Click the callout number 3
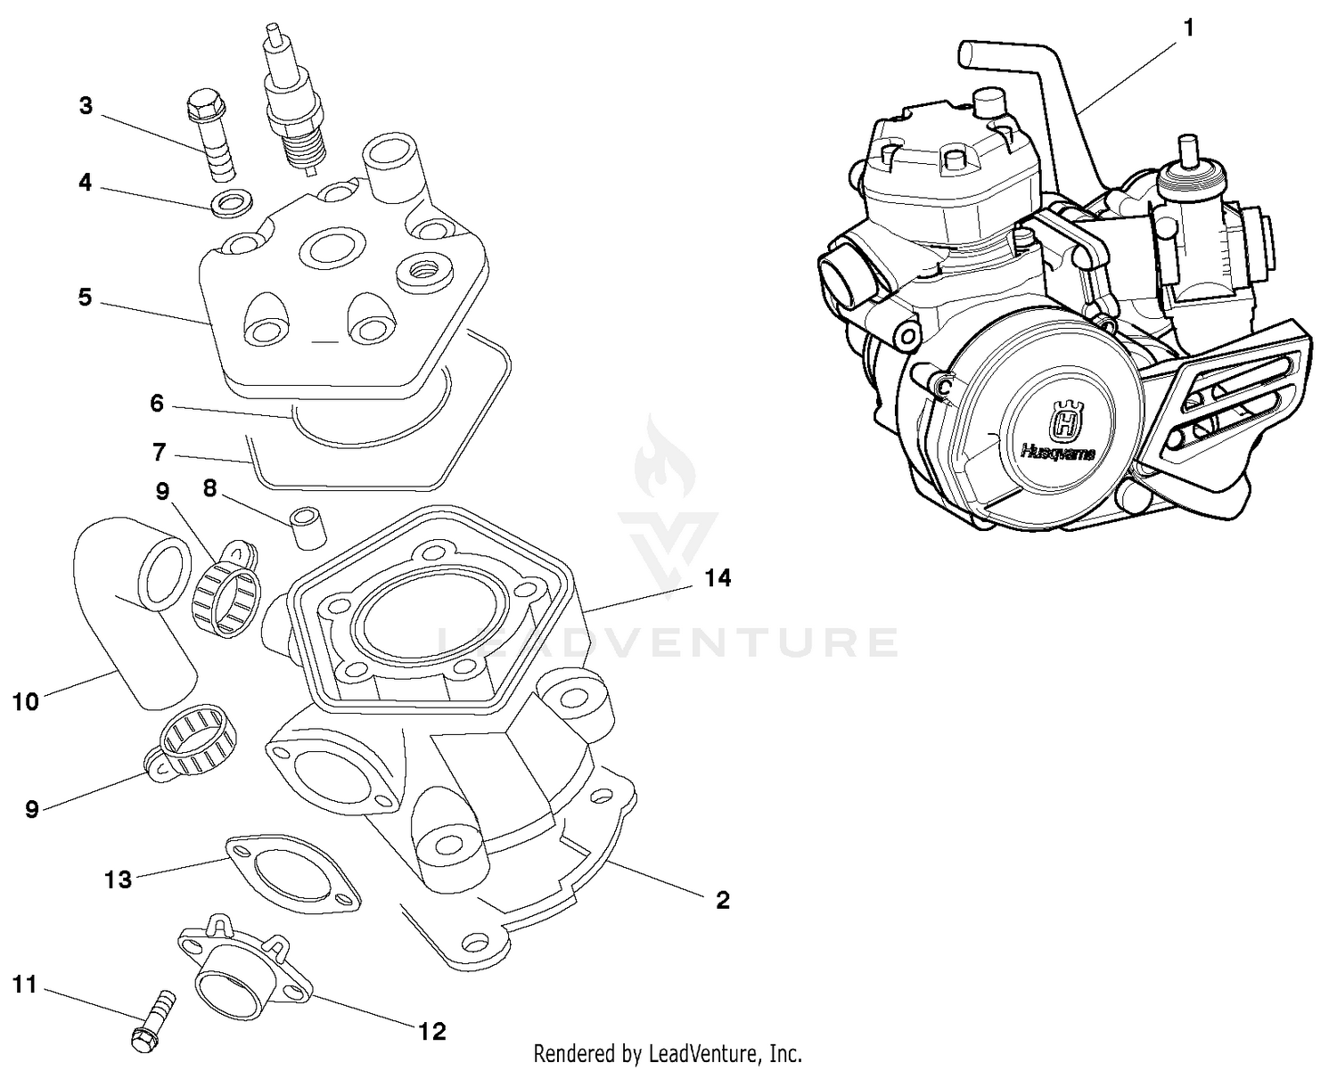point(86,106)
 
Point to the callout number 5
point(85,297)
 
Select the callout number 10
point(26,701)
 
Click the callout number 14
point(718,578)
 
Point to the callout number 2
point(722,900)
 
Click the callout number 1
point(1187,29)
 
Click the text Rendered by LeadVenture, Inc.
point(668,1053)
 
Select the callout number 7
point(159,453)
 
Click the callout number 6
point(157,404)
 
